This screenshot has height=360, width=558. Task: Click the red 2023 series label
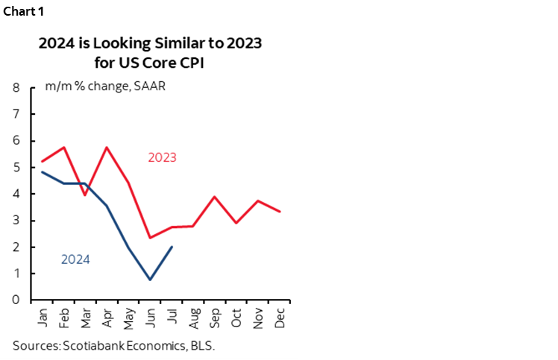pos(163,157)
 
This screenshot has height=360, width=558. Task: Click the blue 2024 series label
pos(75,259)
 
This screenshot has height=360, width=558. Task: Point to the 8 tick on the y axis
pos(16,88)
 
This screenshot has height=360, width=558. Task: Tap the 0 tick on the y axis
pos(16,300)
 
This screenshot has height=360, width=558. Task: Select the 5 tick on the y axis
pos(16,168)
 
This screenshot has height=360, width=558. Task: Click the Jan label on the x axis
pos(42,316)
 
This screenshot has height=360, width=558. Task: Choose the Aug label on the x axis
pos(193,317)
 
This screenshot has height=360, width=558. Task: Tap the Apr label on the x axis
pos(107,316)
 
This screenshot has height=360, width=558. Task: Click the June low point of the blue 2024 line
pos(151,280)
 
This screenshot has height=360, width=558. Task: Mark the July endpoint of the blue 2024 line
pos(172,247)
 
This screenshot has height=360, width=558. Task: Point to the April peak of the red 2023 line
pos(107,147)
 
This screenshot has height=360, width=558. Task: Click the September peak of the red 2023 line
pos(216,197)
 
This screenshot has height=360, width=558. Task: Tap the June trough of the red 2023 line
pos(151,238)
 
